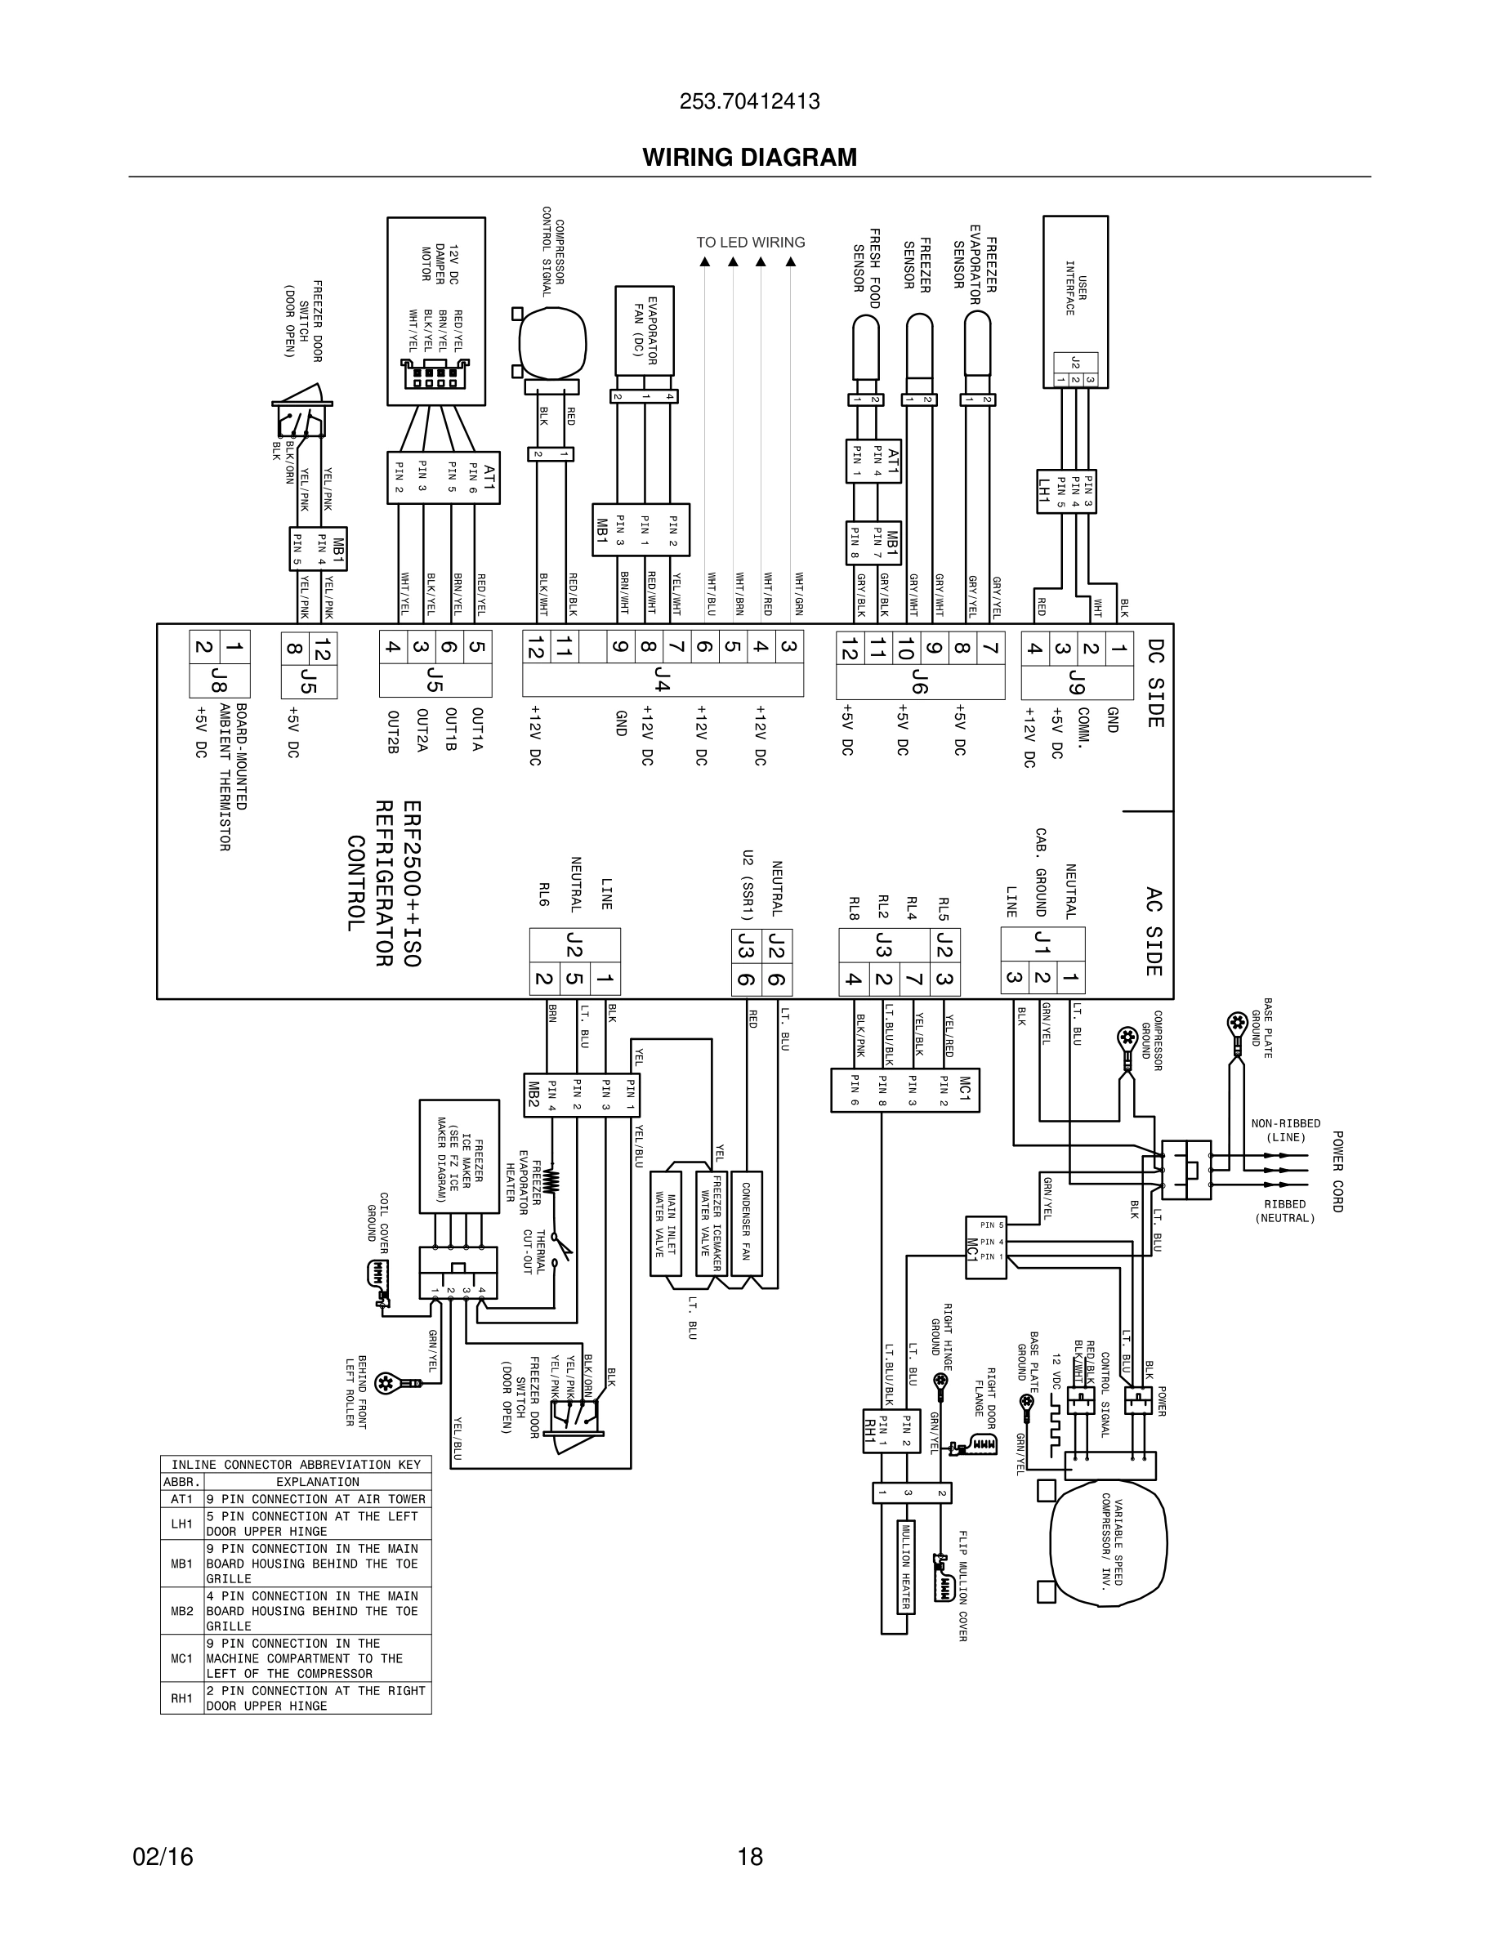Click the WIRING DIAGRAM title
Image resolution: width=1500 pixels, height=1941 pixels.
click(x=749, y=158)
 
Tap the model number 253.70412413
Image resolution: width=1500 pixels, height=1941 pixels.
click(x=749, y=101)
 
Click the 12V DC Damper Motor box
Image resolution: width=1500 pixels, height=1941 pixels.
click(x=435, y=310)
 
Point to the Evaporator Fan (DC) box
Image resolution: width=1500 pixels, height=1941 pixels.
click(x=645, y=330)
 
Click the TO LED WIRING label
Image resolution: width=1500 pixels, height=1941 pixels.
click(x=750, y=242)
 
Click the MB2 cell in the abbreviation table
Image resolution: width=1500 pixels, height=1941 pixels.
click(x=182, y=1610)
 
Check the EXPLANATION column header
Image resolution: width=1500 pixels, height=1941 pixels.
click(x=317, y=1482)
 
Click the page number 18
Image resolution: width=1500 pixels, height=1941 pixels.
click(x=750, y=1857)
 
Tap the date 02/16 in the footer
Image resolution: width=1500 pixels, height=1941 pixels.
click(x=163, y=1857)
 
